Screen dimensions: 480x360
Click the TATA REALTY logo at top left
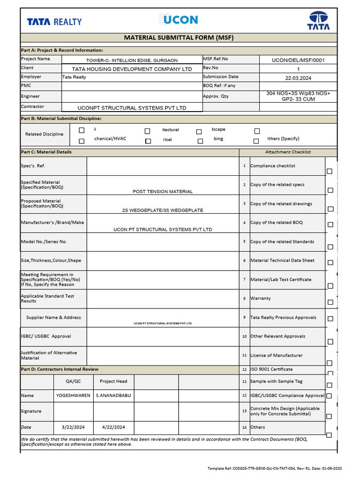click(x=54, y=22)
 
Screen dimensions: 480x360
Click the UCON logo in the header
click(x=179, y=20)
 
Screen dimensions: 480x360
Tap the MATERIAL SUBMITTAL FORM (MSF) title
click(x=178, y=37)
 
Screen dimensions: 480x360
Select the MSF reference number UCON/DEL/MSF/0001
click(x=298, y=60)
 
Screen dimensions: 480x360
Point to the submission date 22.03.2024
click(x=298, y=78)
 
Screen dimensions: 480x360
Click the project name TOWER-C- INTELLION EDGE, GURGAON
click(x=132, y=60)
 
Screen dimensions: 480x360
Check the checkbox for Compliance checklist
click(x=330, y=172)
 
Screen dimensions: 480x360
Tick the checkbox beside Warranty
click(x=330, y=302)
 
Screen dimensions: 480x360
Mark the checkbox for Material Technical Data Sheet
click(x=330, y=262)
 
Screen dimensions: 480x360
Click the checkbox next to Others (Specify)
click(x=256, y=141)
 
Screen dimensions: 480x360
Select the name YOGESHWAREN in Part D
click(x=73, y=396)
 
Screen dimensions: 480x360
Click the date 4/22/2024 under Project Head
click(x=113, y=427)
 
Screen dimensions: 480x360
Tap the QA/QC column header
click(x=73, y=382)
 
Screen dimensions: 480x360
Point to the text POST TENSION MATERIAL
click(x=163, y=192)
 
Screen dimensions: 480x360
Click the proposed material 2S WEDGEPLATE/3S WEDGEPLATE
click(x=163, y=210)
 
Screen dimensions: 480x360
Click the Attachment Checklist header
click(x=288, y=152)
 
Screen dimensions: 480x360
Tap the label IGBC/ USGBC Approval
click(x=45, y=337)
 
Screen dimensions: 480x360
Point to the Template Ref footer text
click(x=275, y=468)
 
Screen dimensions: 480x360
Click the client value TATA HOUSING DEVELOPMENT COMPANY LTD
click(x=132, y=69)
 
